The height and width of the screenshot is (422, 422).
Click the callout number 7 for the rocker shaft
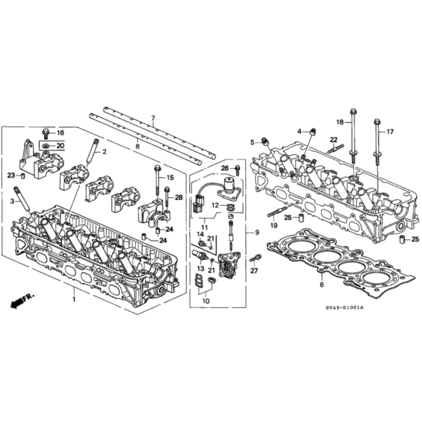(153, 118)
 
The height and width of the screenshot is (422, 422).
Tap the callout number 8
(138, 147)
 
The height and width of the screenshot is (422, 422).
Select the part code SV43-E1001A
(345, 308)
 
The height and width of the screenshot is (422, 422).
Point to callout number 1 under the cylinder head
(74, 299)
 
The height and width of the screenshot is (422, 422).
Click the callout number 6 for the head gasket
(322, 284)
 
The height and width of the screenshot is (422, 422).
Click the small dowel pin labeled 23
(23, 176)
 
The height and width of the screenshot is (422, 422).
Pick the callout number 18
(340, 122)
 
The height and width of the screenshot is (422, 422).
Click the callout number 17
(390, 131)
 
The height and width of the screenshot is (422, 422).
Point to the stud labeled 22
(335, 149)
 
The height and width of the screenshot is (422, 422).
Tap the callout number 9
(257, 232)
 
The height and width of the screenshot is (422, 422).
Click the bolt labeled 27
(256, 258)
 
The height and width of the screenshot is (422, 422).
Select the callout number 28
(179, 197)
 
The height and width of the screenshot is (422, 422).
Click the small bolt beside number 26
(237, 170)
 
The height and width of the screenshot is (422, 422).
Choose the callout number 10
(206, 301)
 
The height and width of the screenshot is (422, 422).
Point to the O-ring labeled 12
(231, 207)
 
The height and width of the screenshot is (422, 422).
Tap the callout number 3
(12, 202)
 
